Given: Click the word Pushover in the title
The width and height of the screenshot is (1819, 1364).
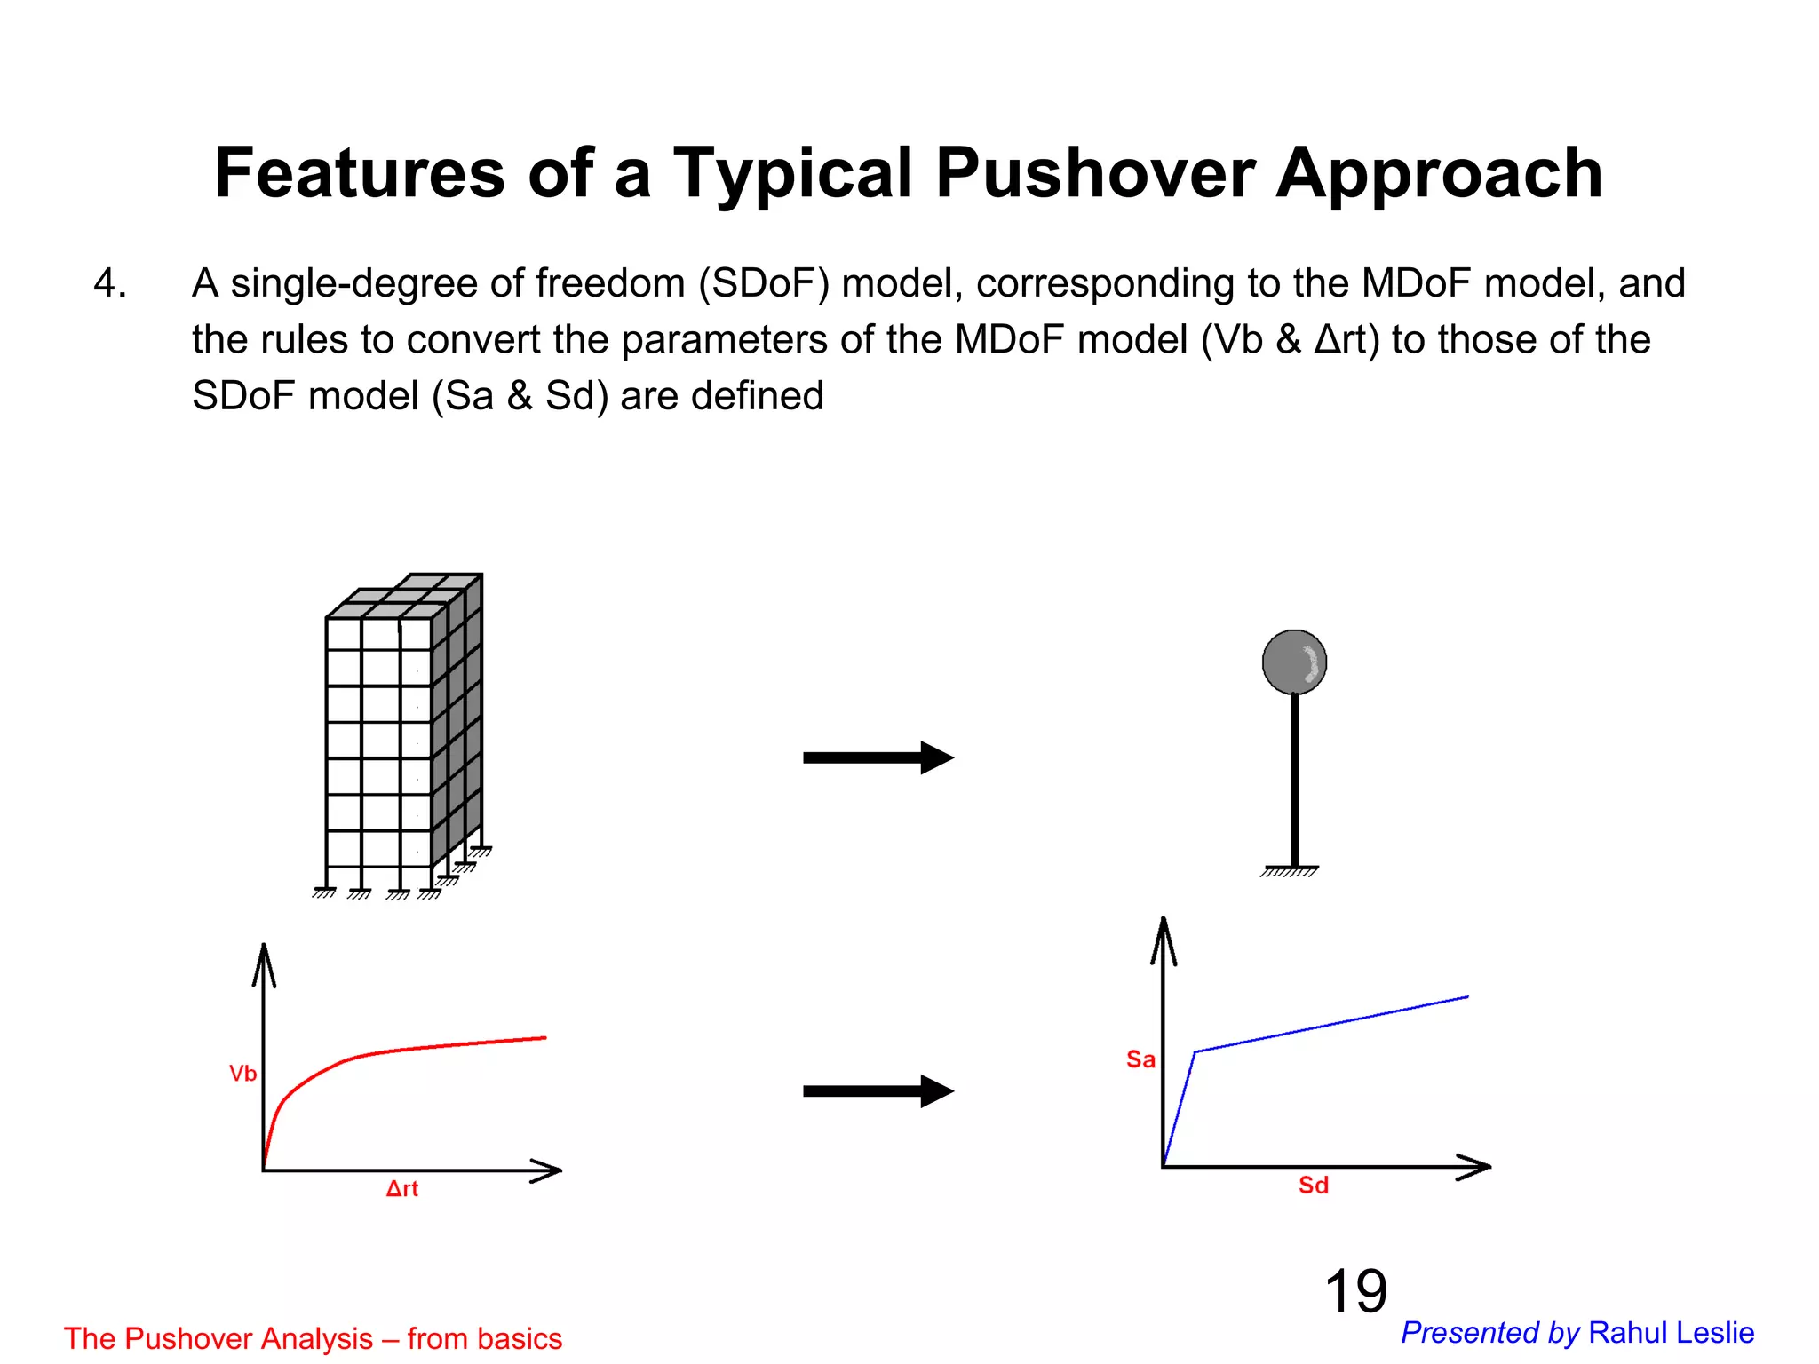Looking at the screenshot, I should pyautogui.click(x=1094, y=174).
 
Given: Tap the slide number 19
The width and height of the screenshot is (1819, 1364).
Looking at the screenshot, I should pyautogui.click(x=1355, y=1291).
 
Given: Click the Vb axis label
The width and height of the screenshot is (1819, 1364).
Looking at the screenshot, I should pyautogui.click(x=242, y=1074).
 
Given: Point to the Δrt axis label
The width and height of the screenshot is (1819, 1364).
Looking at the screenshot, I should pyautogui.click(x=402, y=1189).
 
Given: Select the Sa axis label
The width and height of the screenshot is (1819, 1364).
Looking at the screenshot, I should pyautogui.click(x=1140, y=1059).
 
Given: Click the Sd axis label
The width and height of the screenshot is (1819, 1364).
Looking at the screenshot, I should pyautogui.click(x=1314, y=1186).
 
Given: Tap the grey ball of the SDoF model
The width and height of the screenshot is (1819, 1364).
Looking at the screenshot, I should pyautogui.click(x=1294, y=662).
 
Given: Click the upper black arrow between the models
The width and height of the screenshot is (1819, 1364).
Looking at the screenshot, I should pyautogui.click(x=878, y=757).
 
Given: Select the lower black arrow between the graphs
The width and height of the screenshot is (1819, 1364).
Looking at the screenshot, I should pyautogui.click(x=878, y=1091).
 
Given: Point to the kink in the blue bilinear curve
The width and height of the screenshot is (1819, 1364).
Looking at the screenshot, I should pyautogui.click(x=1195, y=1052).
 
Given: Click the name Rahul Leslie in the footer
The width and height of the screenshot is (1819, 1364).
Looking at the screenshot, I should pyautogui.click(x=1671, y=1333).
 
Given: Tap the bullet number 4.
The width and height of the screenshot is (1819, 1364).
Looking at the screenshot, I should pyautogui.click(x=109, y=284).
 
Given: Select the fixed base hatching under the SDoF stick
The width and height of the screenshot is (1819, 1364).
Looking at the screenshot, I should pyautogui.click(x=1290, y=872).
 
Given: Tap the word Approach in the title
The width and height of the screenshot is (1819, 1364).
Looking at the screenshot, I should pyautogui.click(x=1439, y=174).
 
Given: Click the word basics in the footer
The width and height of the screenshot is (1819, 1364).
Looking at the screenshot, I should pyautogui.click(x=518, y=1338).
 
